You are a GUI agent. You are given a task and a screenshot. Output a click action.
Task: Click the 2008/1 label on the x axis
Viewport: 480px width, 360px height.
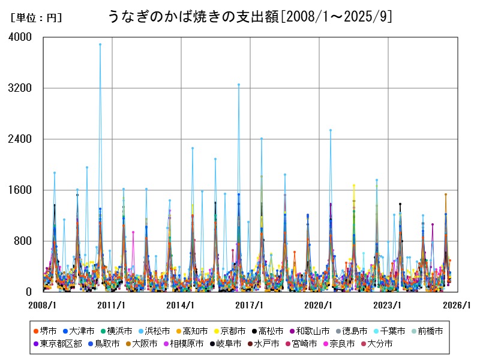click(x=43, y=305)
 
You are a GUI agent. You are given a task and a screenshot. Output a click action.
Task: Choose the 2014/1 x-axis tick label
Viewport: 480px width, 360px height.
click(x=181, y=305)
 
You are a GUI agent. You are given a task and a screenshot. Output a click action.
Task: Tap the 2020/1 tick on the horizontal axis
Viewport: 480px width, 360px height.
click(x=319, y=305)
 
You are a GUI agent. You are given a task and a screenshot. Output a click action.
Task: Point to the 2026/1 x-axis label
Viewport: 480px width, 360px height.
click(x=457, y=305)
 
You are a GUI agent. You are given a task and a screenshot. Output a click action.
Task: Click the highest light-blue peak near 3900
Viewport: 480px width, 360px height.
click(x=100, y=44)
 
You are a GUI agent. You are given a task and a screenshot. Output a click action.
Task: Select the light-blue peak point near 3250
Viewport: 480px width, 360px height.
click(x=239, y=85)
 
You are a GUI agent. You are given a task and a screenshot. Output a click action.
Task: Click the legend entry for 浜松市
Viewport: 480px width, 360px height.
click(x=158, y=331)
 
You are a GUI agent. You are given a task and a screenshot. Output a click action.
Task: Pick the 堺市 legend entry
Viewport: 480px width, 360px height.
click(x=46, y=331)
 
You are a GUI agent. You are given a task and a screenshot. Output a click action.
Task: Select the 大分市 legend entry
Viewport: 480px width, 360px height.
click(x=376, y=344)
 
